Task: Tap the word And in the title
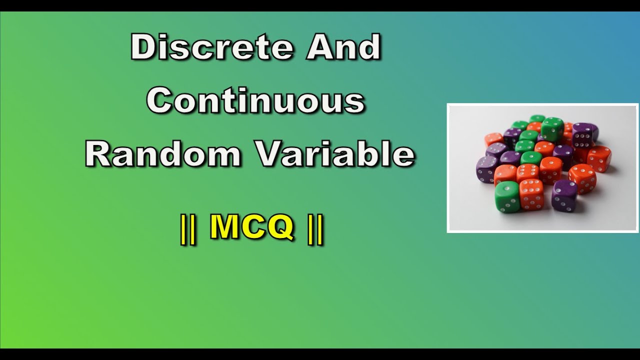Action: click(x=344, y=48)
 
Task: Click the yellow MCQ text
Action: click(x=251, y=228)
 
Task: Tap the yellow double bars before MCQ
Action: click(x=188, y=230)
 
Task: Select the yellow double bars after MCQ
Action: click(x=315, y=230)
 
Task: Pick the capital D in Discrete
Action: click(x=143, y=48)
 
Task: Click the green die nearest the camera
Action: click(x=507, y=196)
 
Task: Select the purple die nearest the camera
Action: click(x=564, y=194)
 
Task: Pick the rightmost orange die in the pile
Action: click(x=599, y=158)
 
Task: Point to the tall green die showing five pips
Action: click(x=552, y=129)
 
